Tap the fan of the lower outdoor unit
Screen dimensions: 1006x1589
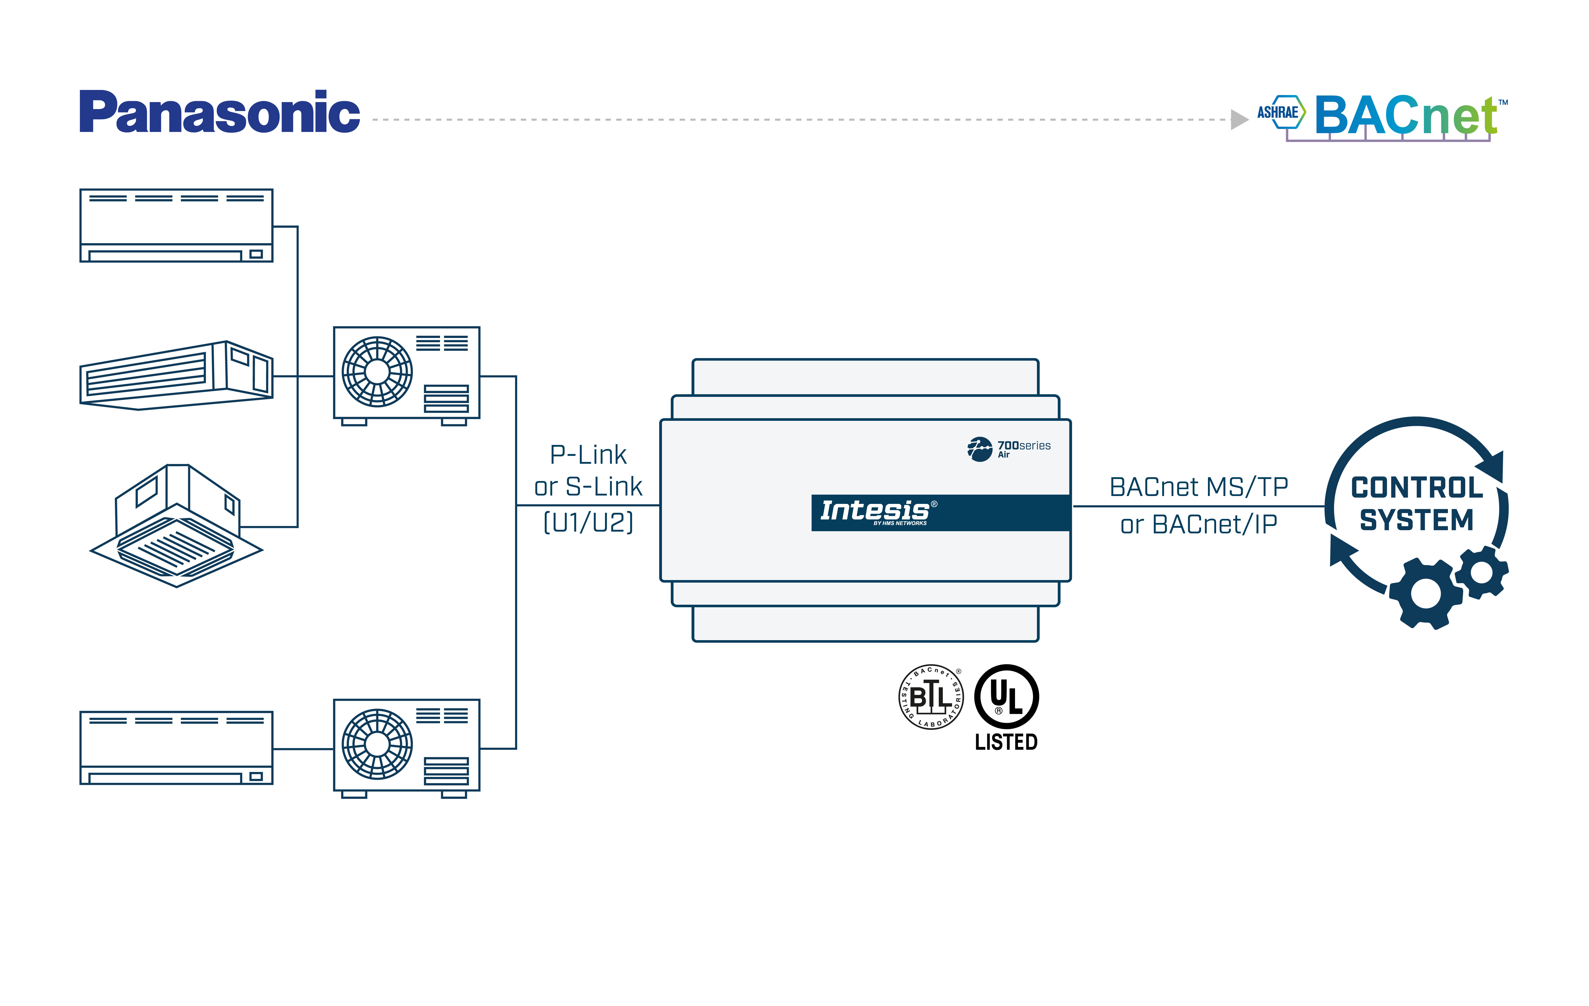(x=377, y=744)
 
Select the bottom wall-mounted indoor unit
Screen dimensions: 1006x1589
(x=176, y=747)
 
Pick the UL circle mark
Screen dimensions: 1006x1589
(x=1006, y=697)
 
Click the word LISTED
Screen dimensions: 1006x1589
(x=1006, y=742)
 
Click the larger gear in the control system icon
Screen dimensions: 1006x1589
(x=1425, y=594)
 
